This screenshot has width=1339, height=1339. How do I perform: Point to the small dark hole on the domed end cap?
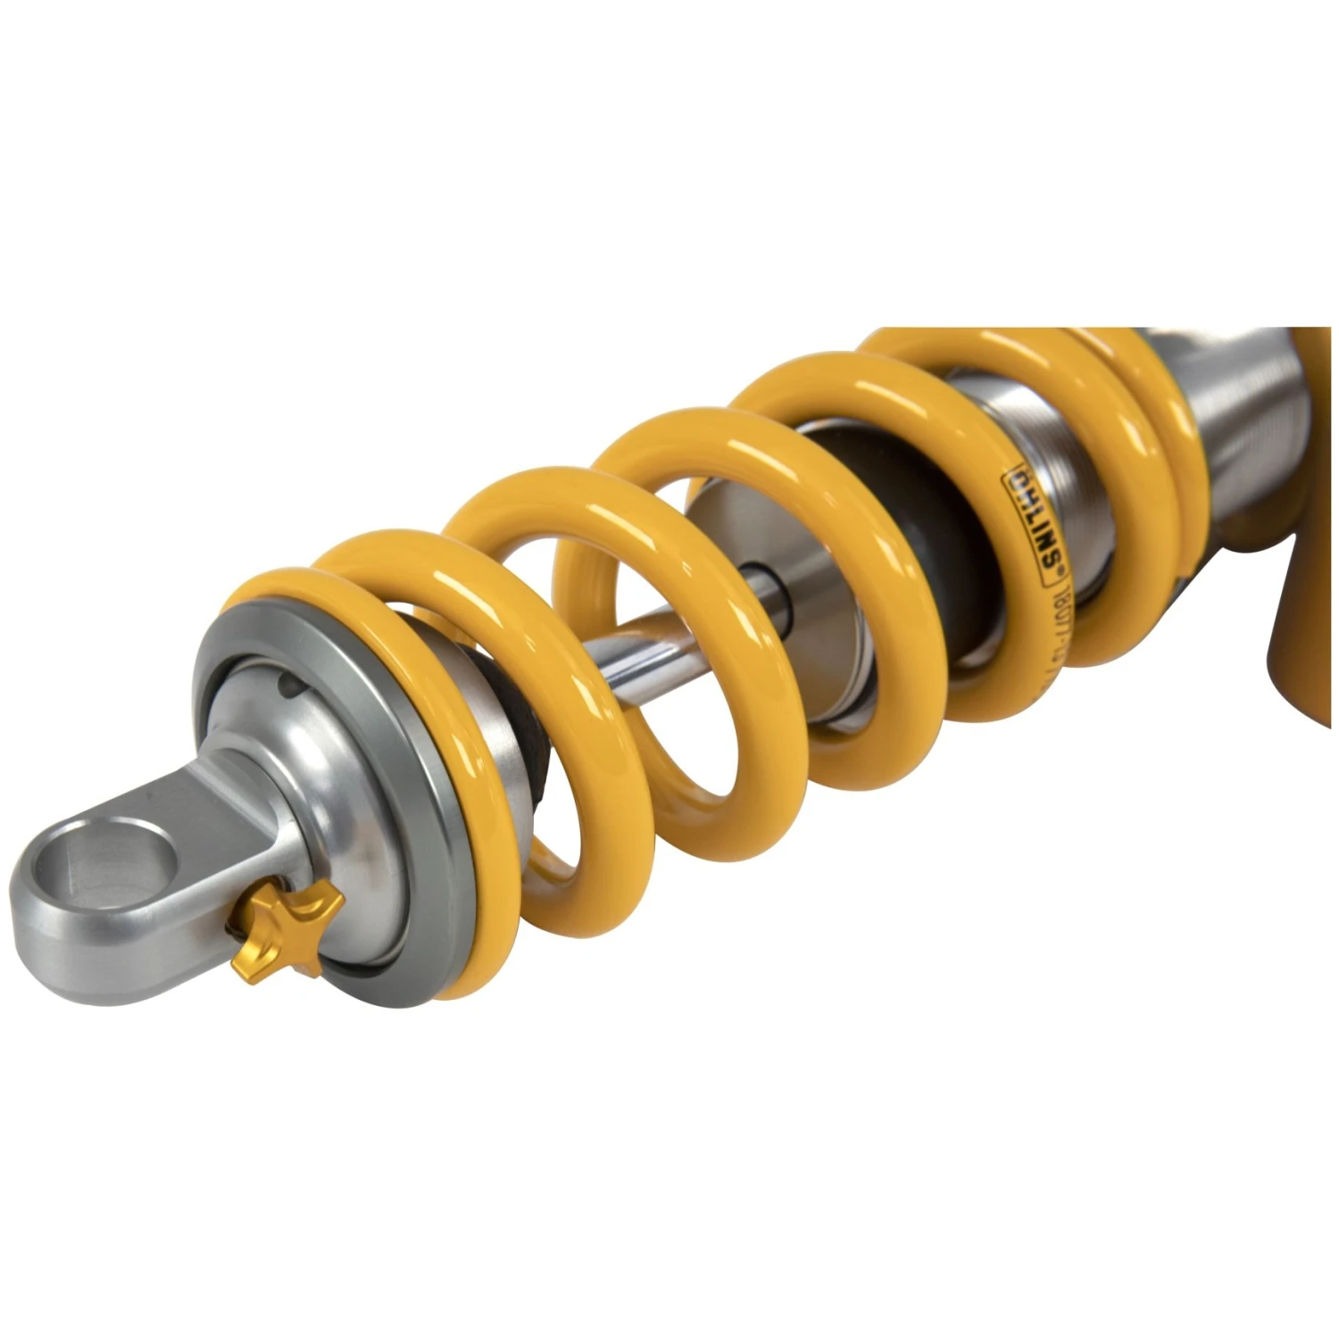[x=288, y=686]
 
